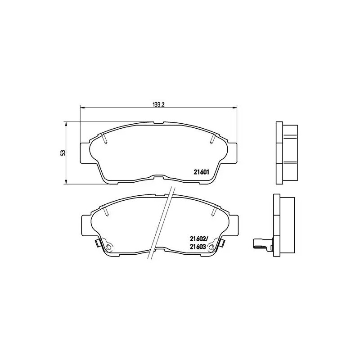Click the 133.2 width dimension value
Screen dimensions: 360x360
click(157, 104)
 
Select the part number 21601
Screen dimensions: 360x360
click(201, 171)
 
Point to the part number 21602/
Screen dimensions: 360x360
click(198, 239)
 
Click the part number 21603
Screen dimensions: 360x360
click(198, 247)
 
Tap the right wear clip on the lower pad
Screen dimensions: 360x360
click(221, 243)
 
